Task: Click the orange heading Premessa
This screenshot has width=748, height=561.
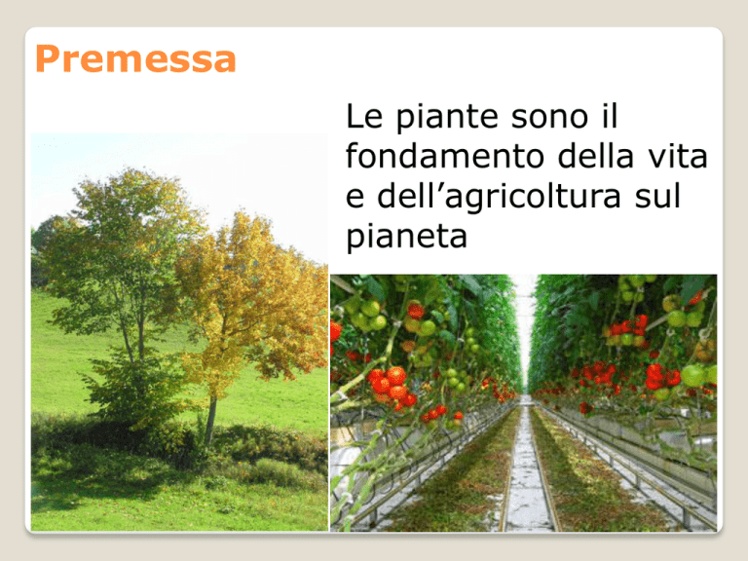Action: [x=135, y=59]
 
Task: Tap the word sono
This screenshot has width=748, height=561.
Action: [x=549, y=117]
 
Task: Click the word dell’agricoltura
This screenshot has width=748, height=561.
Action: [x=499, y=198]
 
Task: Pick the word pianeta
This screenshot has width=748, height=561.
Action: [x=406, y=237]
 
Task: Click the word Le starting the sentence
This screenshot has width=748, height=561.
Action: [x=364, y=116]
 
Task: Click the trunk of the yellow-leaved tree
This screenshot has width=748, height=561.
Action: [x=210, y=419]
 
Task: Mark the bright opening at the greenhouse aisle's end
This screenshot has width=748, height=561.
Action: [x=525, y=329]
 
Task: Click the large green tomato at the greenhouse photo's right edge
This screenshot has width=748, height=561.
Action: [x=693, y=375]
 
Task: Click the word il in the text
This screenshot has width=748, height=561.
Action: [x=609, y=116]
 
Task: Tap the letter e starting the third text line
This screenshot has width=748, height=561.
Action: [x=355, y=197]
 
